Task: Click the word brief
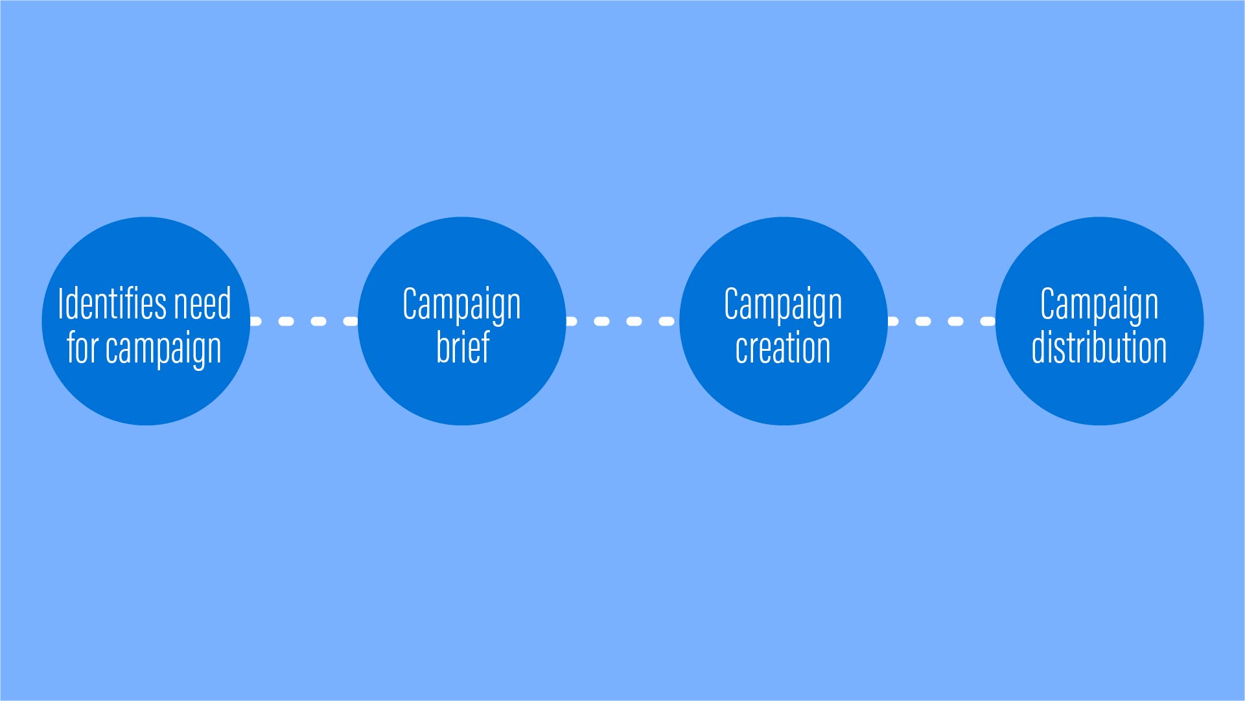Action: tap(463, 347)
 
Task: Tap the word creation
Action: tap(783, 348)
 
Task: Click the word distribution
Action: tap(1099, 347)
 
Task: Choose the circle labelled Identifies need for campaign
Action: tap(146, 321)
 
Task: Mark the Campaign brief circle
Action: tap(462, 321)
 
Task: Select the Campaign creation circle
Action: tap(784, 321)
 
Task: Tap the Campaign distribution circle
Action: tap(1100, 321)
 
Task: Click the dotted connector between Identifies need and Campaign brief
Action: tap(304, 321)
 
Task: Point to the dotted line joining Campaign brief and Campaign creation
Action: tap(623, 321)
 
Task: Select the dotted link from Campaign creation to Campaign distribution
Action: tap(942, 321)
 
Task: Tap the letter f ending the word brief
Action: tap(485, 347)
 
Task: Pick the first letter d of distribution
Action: tap(1039, 347)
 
